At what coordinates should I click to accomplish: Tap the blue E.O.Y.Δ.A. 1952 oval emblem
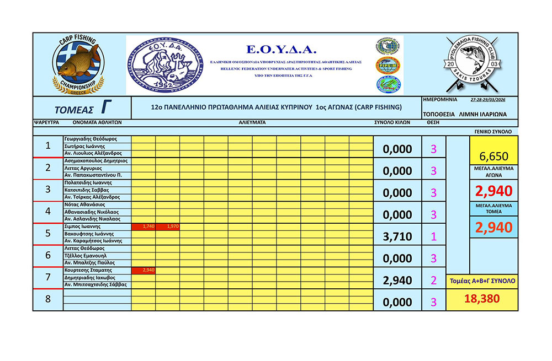(x=164, y=65)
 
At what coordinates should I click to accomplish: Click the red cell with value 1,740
(x=144, y=227)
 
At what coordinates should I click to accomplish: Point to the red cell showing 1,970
(x=167, y=227)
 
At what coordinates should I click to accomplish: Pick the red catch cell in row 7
(x=144, y=271)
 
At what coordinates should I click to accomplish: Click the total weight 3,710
(x=397, y=236)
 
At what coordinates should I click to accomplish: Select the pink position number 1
(x=433, y=236)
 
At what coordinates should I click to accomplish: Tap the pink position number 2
(x=433, y=281)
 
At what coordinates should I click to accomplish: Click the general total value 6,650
(x=494, y=156)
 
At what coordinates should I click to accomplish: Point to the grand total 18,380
(x=482, y=299)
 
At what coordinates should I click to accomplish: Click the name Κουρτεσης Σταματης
(x=88, y=271)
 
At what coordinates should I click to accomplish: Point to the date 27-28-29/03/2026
(x=489, y=100)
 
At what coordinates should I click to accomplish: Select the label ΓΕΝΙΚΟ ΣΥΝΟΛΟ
(x=493, y=132)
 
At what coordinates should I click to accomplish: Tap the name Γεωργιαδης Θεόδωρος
(x=89, y=139)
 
